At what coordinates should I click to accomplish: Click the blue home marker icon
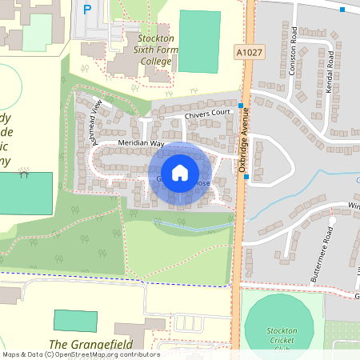click(180, 172)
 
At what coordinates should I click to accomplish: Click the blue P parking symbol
click(86, 9)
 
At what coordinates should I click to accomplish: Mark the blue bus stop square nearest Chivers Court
click(240, 105)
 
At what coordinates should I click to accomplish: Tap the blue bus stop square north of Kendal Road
click(342, 10)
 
